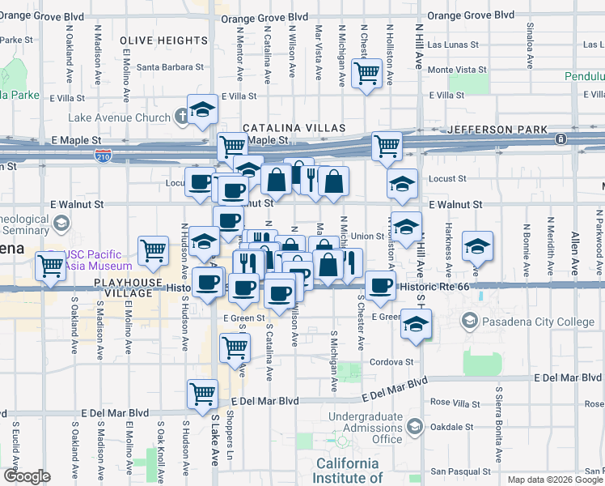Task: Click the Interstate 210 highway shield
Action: pos(103,153)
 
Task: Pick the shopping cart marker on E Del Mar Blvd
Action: pos(202,394)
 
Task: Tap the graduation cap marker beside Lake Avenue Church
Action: pos(202,109)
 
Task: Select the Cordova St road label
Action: pos(393,362)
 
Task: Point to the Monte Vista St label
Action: pos(451,70)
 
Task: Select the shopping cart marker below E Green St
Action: pos(235,348)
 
